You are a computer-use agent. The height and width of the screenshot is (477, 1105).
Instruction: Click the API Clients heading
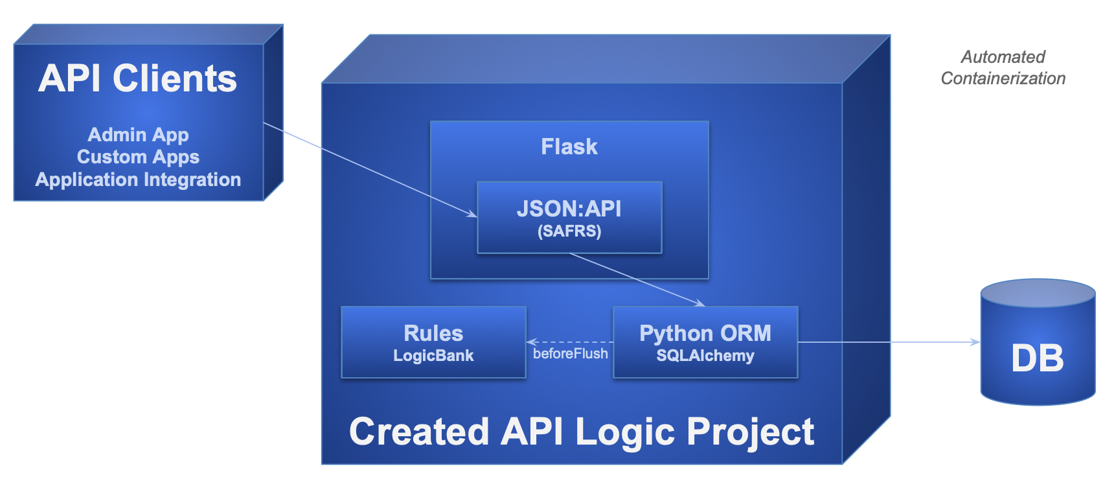[x=137, y=78]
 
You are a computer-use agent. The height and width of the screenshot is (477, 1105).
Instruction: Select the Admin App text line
[x=138, y=135]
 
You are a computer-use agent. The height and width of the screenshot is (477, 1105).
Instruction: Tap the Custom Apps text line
[x=138, y=157]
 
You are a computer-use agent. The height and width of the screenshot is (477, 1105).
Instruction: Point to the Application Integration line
[x=138, y=180]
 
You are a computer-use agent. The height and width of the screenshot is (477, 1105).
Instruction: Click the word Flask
[x=569, y=146]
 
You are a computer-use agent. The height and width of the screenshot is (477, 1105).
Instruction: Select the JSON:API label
[x=569, y=209]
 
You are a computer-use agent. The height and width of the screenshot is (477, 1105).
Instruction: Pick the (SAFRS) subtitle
[x=569, y=231]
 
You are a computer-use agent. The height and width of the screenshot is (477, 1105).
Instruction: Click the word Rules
[x=433, y=333]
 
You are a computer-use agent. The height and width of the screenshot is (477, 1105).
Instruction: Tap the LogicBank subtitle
[x=433, y=356]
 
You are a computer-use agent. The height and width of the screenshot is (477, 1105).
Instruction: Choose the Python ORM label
[x=705, y=333]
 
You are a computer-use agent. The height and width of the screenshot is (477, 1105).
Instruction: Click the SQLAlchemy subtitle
[x=705, y=356]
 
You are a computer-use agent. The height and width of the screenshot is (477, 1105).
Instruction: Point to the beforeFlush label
[x=570, y=354]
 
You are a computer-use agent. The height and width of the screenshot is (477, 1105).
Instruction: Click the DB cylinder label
[x=1037, y=358]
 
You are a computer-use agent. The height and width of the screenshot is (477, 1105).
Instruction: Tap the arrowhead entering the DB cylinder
[x=975, y=342]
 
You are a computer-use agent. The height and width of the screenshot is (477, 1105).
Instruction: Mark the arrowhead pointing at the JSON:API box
[x=472, y=215]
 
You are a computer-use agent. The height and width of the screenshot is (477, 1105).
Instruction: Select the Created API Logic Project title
[x=581, y=432]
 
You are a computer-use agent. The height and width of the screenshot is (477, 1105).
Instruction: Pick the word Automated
[x=1003, y=57]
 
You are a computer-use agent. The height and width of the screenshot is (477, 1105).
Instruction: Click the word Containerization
[x=1003, y=78]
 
